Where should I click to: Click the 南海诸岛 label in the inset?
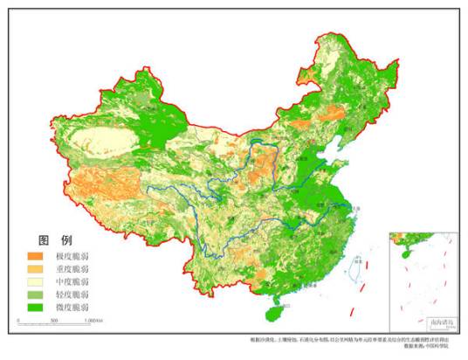click(430, 322)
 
